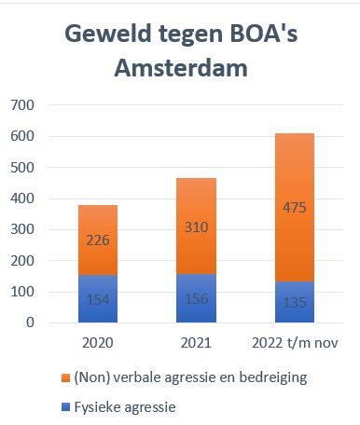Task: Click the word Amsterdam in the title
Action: tap(181, 68)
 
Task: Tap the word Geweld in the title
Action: tap(108, 34)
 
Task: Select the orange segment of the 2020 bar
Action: tap(98, 240)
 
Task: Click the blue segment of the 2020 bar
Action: tap(98, 299)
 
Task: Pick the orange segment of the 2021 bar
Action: tap(196, 226)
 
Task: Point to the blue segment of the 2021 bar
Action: tap(196, 298)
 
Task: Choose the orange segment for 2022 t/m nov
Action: tap(295, 208)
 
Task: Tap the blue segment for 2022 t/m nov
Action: tap(295, 302)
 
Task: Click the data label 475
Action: tap(295, 208)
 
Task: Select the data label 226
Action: tap(98, 240)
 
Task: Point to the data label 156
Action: tap(197, 299)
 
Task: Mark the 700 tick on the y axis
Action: tap(22, 105)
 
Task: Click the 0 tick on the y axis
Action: tap(30, 322)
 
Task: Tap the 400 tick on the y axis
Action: tap(22, 199)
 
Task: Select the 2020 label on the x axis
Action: tap(98, 343)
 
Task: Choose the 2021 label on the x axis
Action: tap(196, 343)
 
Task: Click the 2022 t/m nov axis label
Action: tap(295, 343)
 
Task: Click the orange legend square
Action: tap(66, 378)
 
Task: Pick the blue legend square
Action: tap(66, 407)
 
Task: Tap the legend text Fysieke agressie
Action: tap(125, 407)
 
